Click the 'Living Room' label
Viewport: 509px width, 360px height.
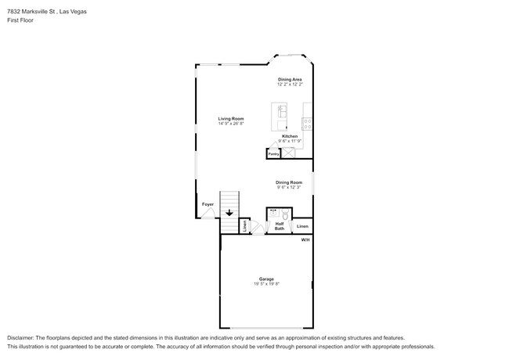point(231,118)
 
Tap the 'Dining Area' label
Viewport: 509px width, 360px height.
point(290,79)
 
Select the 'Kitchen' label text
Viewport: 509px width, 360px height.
point(290,135)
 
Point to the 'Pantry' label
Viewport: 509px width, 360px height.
point(273,154)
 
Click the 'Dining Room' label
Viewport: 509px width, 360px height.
point(288,182)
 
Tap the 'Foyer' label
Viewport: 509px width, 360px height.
point(208,204)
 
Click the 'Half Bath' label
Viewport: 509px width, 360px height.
point(280,226)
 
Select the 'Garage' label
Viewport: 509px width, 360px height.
point(266,279)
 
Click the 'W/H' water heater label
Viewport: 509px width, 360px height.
point(305,239)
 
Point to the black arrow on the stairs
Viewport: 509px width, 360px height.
point(229,211)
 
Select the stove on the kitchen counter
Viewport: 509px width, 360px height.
point(308,122)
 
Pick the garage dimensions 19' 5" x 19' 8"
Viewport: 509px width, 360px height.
point(266,284)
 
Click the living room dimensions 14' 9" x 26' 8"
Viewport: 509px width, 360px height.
point(231,124)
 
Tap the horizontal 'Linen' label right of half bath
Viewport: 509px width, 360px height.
point(302,226)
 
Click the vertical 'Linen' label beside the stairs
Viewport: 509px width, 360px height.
point(245,226)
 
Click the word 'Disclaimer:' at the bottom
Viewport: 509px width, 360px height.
point(24,337)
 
